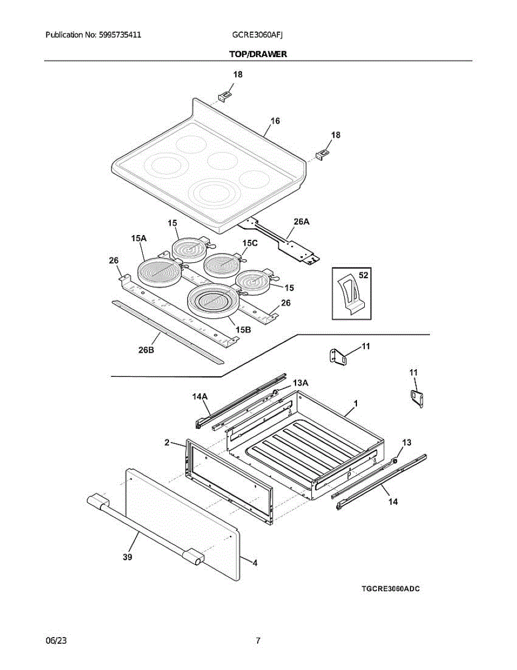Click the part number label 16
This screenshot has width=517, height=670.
pyautogui.click(x=275, y=121)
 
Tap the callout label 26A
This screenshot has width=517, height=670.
pyautogui.click(x=301, y=222)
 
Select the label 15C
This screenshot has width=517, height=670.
pyautogui.click(x=250, y=243)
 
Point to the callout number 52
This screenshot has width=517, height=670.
pyautogui.click(x=363, y=275)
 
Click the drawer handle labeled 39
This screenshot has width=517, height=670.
pyautogui.click(x=143, y=526)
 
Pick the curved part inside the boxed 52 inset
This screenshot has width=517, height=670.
pyautogui.click(x=349, y=294)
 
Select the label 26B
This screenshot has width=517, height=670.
pyautogui.click(x=146, y=350)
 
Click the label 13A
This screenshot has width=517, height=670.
pyautogui.click(x=301, y=382)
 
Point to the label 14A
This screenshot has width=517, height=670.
pyautogui.click(x=200, y=396)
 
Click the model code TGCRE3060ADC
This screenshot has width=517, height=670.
pyautogui.click(x=390, y=589)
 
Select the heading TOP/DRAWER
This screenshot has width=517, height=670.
pyautogui.click(x=258, y=54)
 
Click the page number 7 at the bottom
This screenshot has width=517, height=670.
pyautogui.click(x=258, y=640)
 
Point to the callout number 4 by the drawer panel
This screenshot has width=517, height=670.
pyautogui.click(x=255, y=563)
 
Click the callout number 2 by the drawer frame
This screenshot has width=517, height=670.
pyautogui.click(x=167, y=443)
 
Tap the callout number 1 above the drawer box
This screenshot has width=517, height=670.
pyautogui.click(x=355, y=403)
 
